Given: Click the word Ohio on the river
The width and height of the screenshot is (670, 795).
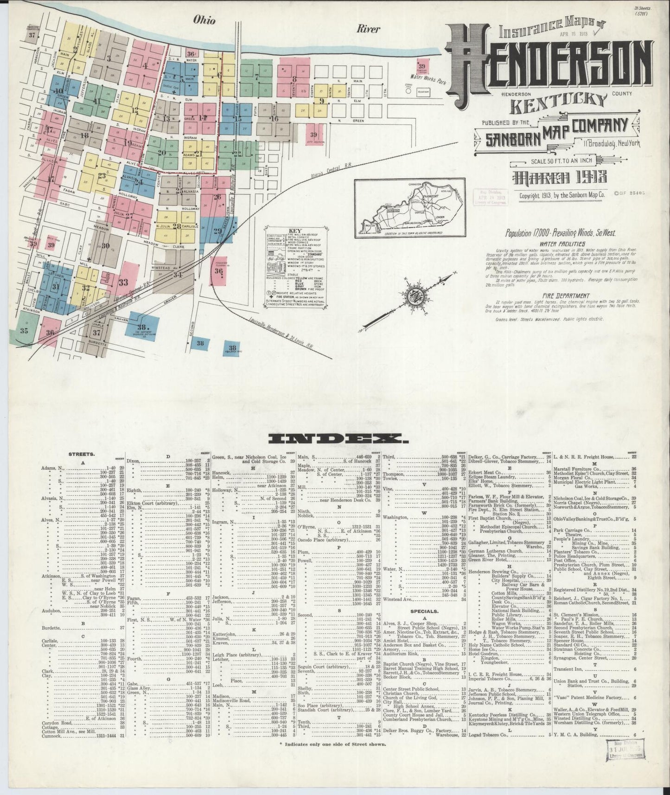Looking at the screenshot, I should click(204, 20).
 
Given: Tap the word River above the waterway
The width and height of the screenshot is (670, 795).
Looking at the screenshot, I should click(368, 29).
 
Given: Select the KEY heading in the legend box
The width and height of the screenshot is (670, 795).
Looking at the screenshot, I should click(295, 231).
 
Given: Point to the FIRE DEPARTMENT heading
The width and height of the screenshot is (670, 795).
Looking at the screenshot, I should click(568, 295).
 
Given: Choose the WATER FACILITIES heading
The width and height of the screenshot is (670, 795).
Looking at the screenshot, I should click(562, 244).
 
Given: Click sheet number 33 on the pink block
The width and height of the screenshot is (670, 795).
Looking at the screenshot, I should click(123, 282).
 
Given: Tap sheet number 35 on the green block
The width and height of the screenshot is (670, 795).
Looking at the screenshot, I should click(24, 331).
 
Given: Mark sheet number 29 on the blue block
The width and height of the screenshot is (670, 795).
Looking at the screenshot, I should click(217, 231).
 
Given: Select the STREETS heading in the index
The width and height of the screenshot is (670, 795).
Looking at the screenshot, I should click(81, 454).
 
